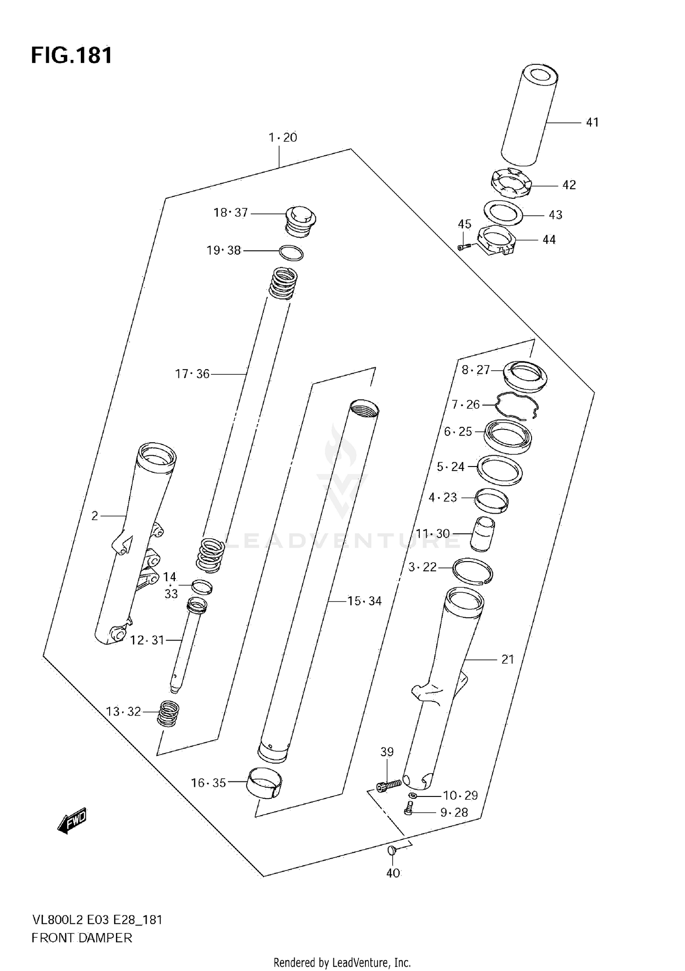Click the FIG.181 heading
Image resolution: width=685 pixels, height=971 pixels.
(72, 56)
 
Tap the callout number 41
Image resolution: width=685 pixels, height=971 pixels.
(592, 122)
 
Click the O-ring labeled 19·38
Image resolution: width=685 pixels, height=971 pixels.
(291, 253)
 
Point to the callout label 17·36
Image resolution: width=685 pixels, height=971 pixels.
(192, 374)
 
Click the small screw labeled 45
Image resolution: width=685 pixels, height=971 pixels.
(464, 247)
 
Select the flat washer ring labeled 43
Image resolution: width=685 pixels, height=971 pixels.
(503, 213)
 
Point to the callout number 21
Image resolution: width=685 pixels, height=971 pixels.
(507, 659)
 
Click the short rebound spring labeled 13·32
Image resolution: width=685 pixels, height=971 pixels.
(168, 713)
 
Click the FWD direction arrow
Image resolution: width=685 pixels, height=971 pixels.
(72, 821)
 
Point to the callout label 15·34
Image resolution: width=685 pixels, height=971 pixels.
(364, 601)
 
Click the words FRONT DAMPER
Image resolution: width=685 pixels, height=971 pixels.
(82, 938)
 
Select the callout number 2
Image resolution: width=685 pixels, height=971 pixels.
(95, 516)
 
